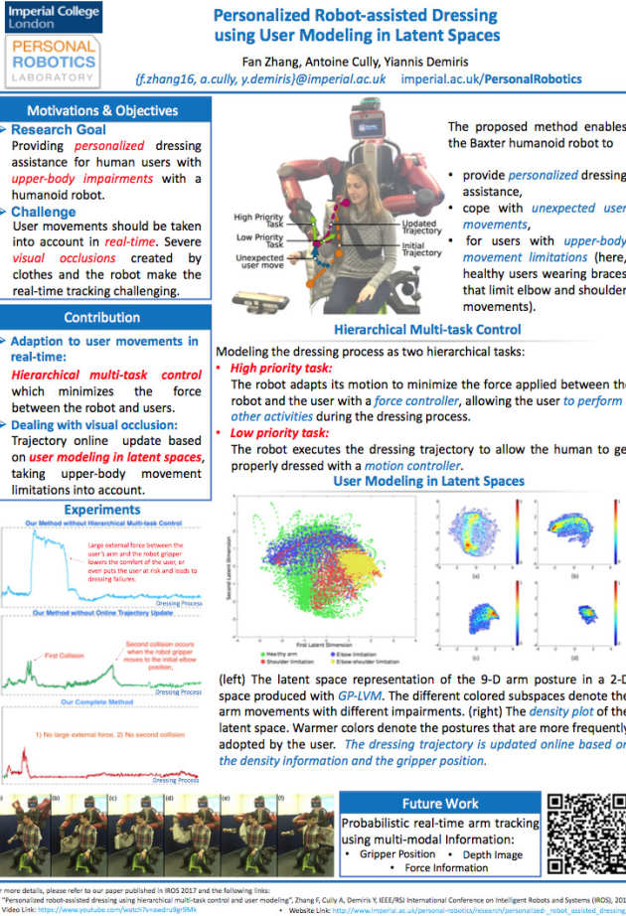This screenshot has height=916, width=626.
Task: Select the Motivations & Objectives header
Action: pyautogui.click(x=103, y=110)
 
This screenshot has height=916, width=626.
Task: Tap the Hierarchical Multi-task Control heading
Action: pyautogui.click(x=426, y=329)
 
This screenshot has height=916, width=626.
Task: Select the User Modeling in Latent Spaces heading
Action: pyautogui.click(x=428, y=481)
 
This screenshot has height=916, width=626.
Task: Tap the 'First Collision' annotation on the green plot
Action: pyautogui.click(x=63, y=656)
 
